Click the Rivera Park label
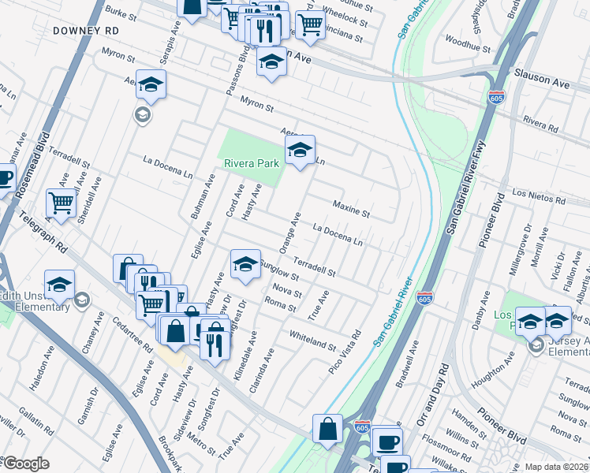248,163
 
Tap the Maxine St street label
350,208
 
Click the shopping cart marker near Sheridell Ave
61,203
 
